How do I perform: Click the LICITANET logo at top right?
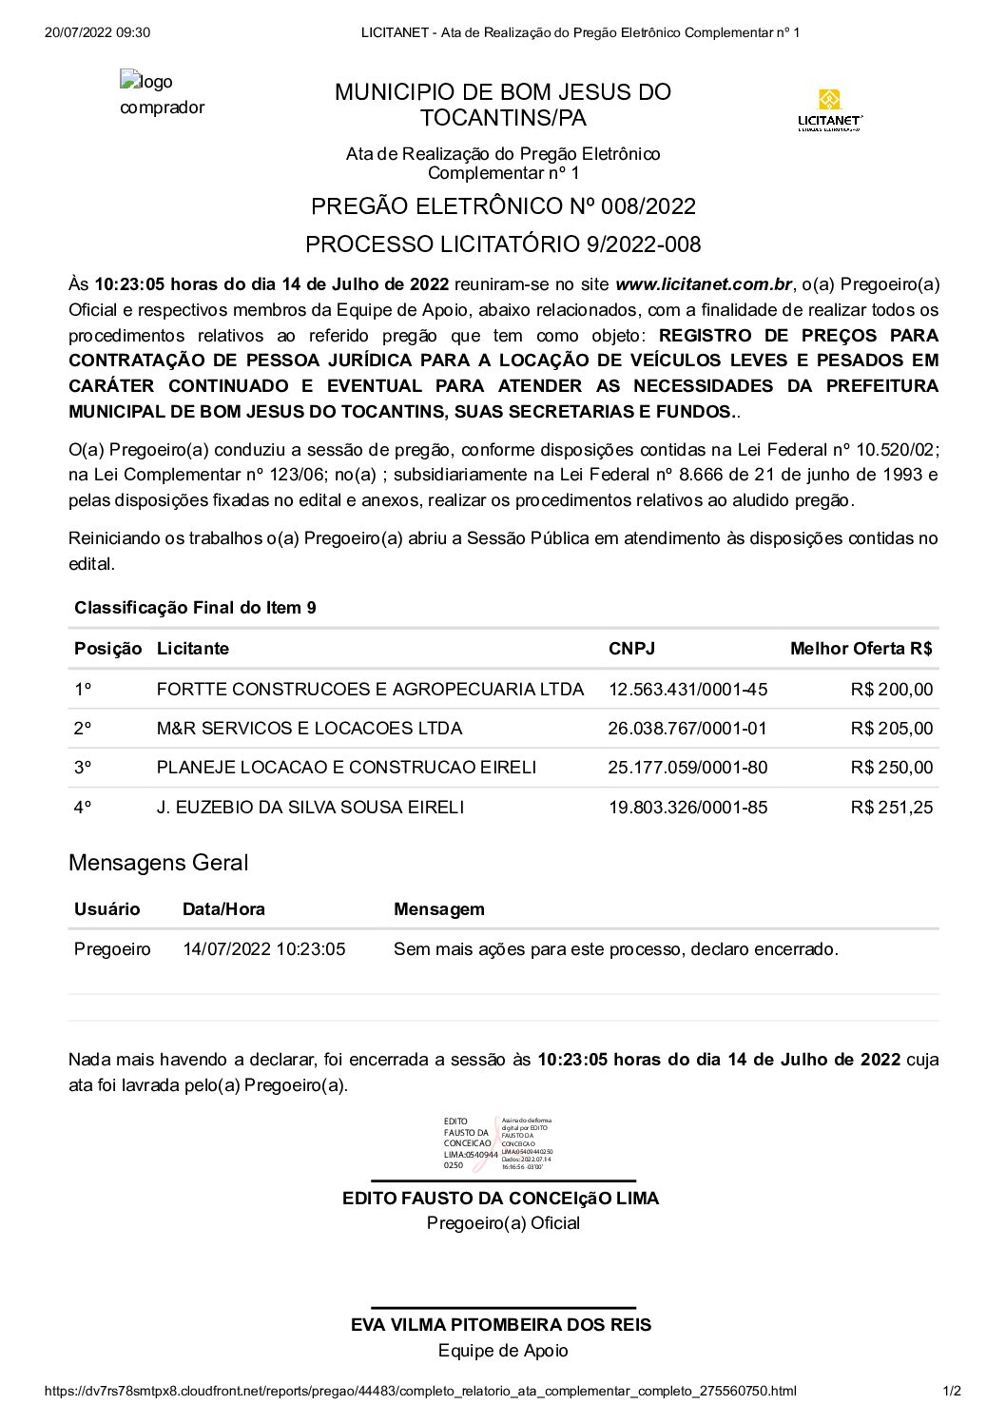click(830, 110)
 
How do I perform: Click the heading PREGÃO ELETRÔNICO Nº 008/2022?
click(503, 206)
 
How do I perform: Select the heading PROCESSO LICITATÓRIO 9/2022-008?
click(503, 244)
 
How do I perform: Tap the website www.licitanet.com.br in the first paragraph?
click(704, 283)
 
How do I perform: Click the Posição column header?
click(107, 649)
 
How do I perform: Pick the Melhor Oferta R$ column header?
click(861, 649)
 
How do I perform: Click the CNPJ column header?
click(631, 649)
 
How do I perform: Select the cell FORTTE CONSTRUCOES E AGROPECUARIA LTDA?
click(370, 689)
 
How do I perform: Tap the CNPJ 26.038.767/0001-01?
click(687, 729)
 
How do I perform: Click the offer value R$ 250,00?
click(892, 768)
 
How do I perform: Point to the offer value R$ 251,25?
click(892, 808)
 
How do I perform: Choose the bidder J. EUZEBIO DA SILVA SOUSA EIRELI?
click(310, 808)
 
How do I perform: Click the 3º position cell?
click(83, 768)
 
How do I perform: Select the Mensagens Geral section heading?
click(158, 863)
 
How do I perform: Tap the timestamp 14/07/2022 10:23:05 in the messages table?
click(264, 949)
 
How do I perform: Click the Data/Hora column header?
click(223, 909)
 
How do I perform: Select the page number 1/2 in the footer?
click(951, 1391)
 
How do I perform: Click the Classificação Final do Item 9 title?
click(195, 608)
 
